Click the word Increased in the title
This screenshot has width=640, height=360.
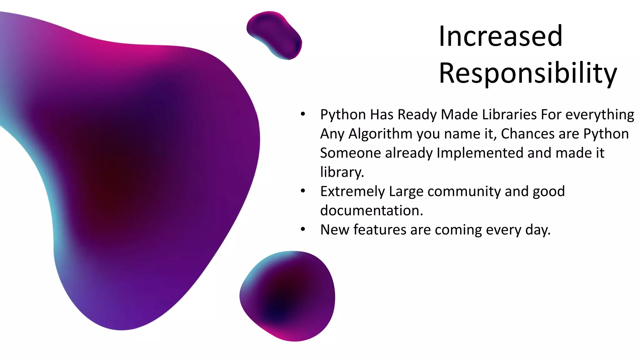(x=500, y=36)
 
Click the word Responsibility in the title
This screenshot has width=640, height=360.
(x=528, y=73)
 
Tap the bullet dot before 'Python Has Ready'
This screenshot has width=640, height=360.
(x=302, y=114)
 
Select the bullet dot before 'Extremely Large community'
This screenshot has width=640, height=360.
(x=302, y=191)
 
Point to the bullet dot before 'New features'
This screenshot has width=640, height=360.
(x=302, y=229)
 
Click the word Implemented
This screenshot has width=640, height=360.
(x=480, y=153)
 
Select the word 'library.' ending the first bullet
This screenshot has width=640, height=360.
(x=342, y=172)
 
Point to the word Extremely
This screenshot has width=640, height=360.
(x=352, y=191)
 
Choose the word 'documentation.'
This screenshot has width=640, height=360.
(x=372, y=210)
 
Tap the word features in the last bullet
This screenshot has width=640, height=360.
(x=380, y=230)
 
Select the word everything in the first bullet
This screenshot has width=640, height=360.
(x=600, y=115)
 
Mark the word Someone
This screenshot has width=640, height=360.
(x=351, y=153)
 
